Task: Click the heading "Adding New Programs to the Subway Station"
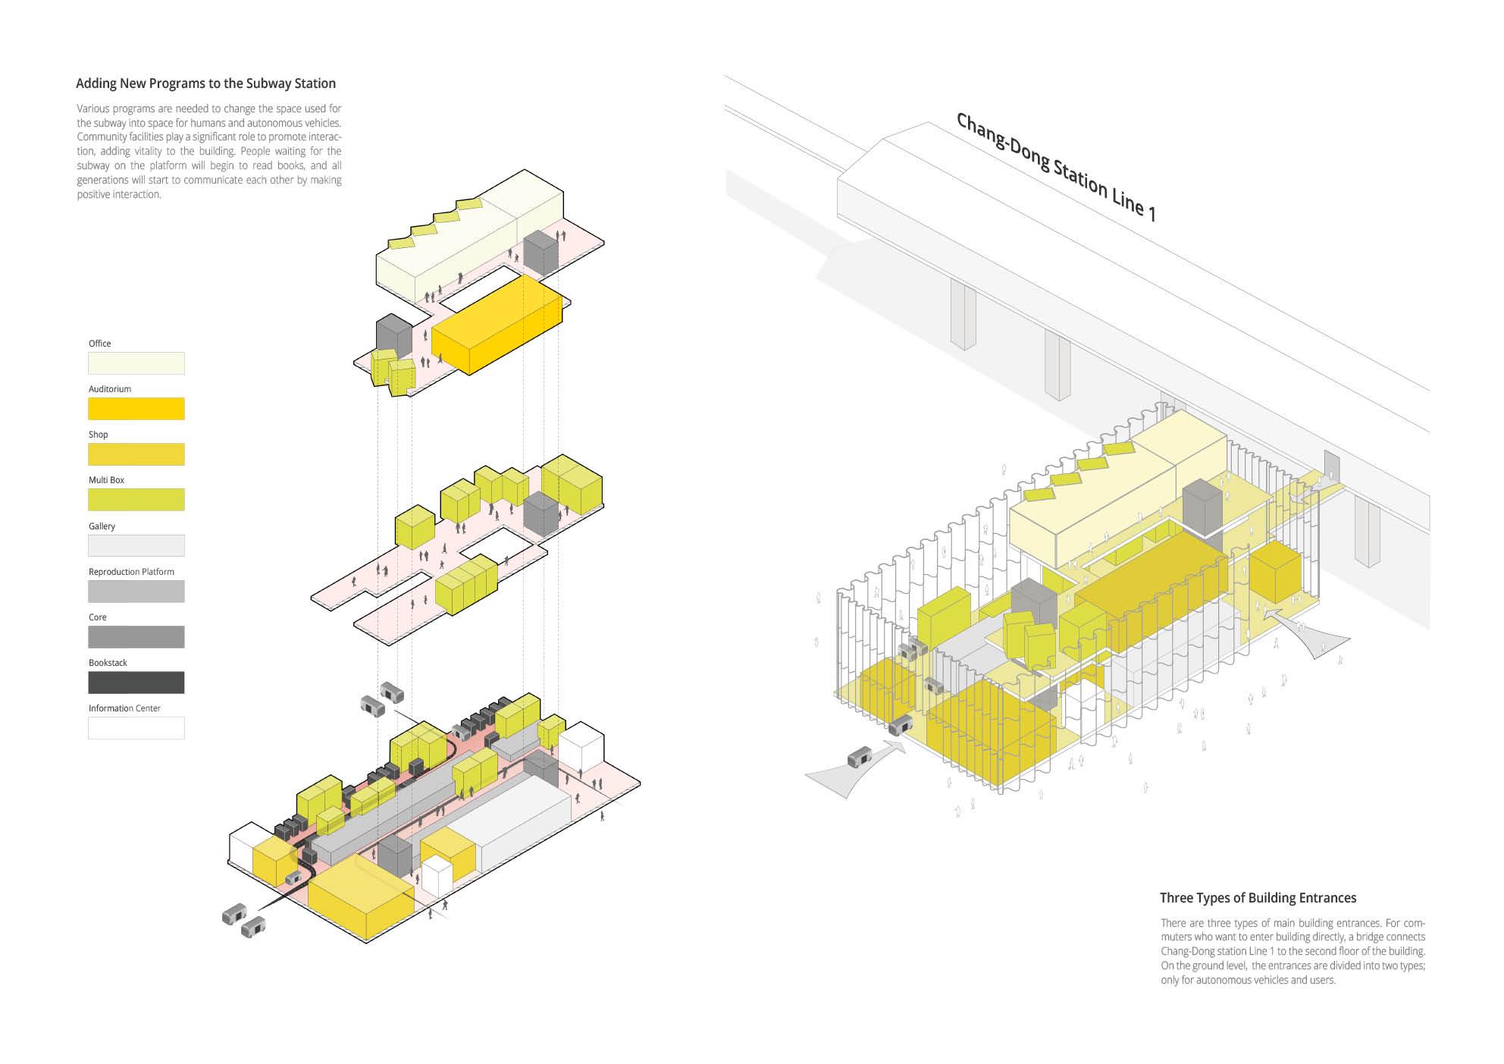[205, 83]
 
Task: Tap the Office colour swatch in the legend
[136, 363]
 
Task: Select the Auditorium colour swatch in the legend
[136, 409]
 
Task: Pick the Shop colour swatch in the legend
[136, 454]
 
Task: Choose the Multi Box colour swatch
[136, 500]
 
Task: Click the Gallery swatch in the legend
[136, 545]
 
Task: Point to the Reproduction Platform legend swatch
[136, 592]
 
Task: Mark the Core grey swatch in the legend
[136, 637]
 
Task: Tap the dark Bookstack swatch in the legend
[136, 683]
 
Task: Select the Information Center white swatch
[136, 728]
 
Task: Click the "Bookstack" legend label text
[108, 663]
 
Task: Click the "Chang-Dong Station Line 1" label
[1055, 168]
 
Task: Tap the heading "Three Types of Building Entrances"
[1258, 898]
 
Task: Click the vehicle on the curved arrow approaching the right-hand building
[860, 757]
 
